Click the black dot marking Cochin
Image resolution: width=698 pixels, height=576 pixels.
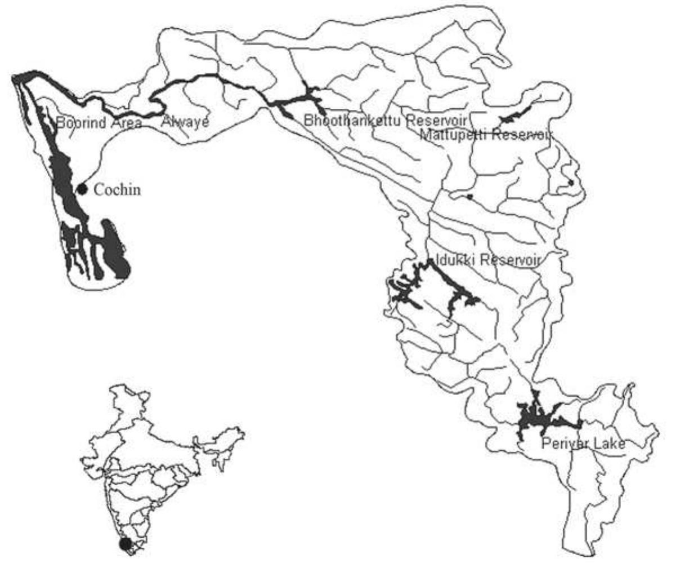click(x=82, y=189)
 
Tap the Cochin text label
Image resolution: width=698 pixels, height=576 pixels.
click(x=117, y=189)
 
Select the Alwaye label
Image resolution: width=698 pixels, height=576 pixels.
click(x=185, y=121)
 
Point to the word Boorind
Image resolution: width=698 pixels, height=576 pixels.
click(x=80, y=122)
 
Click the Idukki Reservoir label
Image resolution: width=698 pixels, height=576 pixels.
click(x=488, y=260)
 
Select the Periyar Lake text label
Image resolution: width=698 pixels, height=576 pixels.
click(x=583, y=444)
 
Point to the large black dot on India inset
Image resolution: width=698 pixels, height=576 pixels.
click(x=126, y=544)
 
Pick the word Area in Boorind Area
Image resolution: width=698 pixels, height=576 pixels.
click(x=124, y=122)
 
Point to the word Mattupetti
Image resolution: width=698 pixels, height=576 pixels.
click(x=453, y=135)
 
